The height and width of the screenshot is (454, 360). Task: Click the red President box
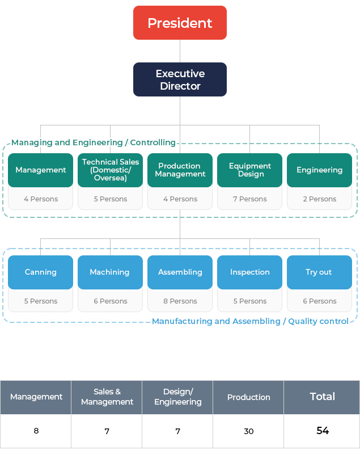[180, 23]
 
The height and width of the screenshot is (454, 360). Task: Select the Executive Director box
[180, 79]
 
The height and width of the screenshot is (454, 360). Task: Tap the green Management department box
[40, 170]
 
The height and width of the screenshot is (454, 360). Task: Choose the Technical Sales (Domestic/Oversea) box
[110, 170]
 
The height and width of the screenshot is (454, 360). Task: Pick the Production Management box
[180, 170]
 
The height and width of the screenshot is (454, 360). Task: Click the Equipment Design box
[249, 170]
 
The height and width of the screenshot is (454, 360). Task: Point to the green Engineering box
[319, 170]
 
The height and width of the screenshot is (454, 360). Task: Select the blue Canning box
[40, 272]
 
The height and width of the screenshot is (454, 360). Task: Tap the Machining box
[110, 272]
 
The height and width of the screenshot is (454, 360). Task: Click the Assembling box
[180, 272]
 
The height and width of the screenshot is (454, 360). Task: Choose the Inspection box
[249, 272]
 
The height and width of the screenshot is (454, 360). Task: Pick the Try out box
[319, 272]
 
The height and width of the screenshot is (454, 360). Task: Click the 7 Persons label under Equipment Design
[249, 199]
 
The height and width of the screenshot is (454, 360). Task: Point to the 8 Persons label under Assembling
[180, 301]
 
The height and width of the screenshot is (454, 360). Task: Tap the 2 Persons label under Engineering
[319, 199]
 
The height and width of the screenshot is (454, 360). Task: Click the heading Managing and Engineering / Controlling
[94, 142]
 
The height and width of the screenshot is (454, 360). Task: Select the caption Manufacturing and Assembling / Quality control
[250, 321]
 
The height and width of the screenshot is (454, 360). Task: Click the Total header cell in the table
[322, 397]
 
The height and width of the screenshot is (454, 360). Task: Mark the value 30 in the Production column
[248, 431]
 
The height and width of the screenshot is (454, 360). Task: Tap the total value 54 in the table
[322, 431]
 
